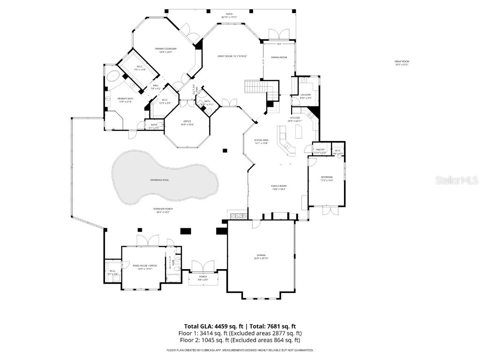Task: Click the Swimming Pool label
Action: click(159, 180)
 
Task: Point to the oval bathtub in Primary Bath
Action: click(113, 77)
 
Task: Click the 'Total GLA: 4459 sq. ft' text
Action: click(213, 326)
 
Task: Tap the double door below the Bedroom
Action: click(330, 210)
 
